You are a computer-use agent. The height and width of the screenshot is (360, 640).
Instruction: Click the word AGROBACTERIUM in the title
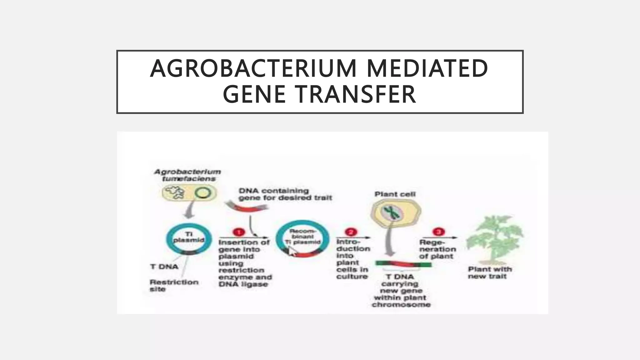point(253,68)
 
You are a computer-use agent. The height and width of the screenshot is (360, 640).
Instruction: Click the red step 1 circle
point(239,232)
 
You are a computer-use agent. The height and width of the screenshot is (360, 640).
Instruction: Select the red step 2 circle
point(350,232)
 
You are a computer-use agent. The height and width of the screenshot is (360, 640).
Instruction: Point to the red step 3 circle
point(438,232)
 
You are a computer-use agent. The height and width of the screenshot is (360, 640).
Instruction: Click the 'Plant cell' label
point(395,194)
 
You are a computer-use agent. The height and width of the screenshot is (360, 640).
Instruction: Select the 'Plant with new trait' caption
point(489,272)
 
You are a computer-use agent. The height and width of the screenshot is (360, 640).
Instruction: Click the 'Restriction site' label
point(173,285)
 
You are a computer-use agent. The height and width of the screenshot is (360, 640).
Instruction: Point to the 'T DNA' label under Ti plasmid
point(164,267)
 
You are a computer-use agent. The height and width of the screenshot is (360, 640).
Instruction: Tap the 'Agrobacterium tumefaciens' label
point(188,175)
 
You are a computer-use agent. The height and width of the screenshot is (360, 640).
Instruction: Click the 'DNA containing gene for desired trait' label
point(285,194)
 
